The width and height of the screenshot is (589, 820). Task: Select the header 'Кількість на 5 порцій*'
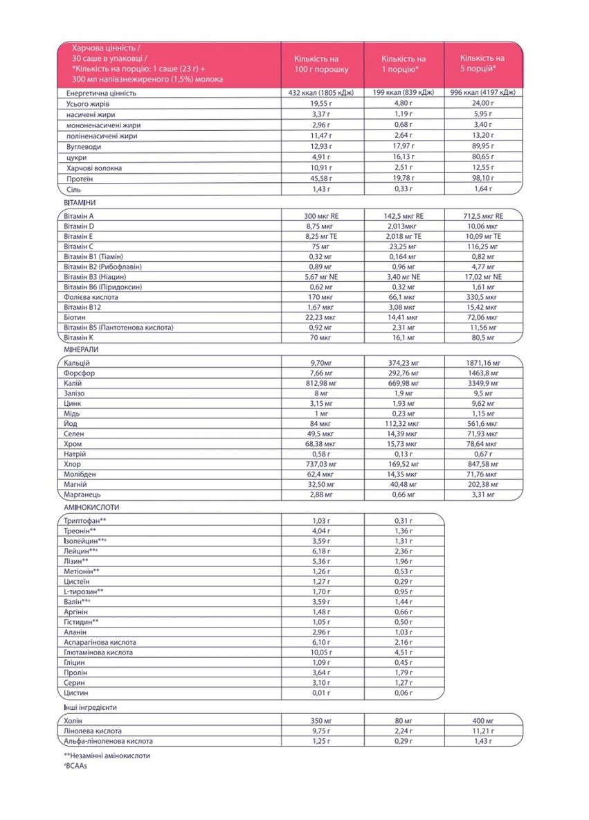[482, 64]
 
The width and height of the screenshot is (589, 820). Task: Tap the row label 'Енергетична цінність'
[102, 93]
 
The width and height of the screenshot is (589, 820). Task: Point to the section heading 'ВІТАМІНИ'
[80, 202]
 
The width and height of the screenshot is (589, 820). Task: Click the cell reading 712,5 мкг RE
[482, 216]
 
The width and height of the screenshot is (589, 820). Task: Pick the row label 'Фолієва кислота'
[91, 297]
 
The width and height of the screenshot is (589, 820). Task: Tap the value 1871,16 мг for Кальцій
[482, 363]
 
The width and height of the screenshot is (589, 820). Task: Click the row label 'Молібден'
[80, 474]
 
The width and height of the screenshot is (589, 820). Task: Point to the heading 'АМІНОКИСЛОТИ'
[89, 508]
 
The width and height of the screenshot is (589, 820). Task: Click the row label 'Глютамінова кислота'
[98, 652]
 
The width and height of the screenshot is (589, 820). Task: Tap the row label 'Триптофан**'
[84, 521]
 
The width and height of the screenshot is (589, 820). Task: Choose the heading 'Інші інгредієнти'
[90, 708]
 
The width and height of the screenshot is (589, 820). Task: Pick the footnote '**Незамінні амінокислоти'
[107, 756]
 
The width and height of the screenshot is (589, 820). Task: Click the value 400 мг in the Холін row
[482, 721]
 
